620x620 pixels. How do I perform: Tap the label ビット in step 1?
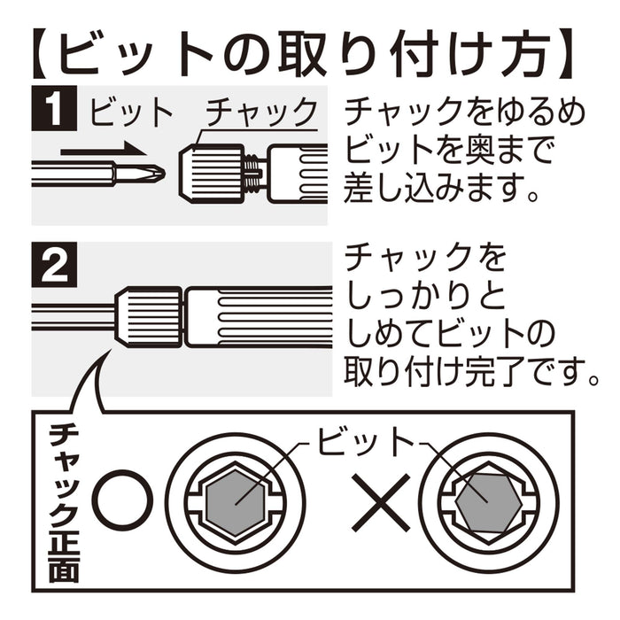pyautogui.click(x=132, y=112)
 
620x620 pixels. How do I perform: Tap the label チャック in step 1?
pyautogui.click(x=260, y=112)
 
